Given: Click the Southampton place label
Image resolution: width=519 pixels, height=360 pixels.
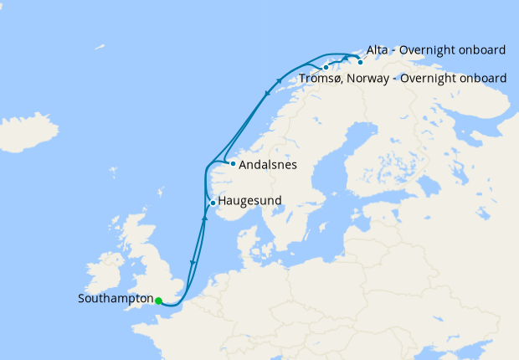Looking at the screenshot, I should tap(116, 299).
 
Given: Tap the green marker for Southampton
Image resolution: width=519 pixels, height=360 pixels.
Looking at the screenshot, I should tap(159, 301).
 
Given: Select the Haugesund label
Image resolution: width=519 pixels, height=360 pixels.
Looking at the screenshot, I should tap(249, 201).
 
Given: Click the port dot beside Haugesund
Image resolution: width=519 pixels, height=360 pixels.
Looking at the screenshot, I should tap(213, 203).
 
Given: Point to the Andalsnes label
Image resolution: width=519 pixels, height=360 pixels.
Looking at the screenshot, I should tap(268, 165).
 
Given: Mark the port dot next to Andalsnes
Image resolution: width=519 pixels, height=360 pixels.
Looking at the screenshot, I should tap(233, 163).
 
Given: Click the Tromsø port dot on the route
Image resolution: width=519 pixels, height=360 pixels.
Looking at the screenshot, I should tap(326, 67).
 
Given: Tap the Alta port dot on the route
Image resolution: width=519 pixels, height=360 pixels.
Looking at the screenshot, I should tap(360, 61).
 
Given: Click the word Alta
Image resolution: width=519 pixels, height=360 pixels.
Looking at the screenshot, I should tap(378, 50).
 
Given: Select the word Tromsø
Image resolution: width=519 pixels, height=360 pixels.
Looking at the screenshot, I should tap(319, 79).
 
